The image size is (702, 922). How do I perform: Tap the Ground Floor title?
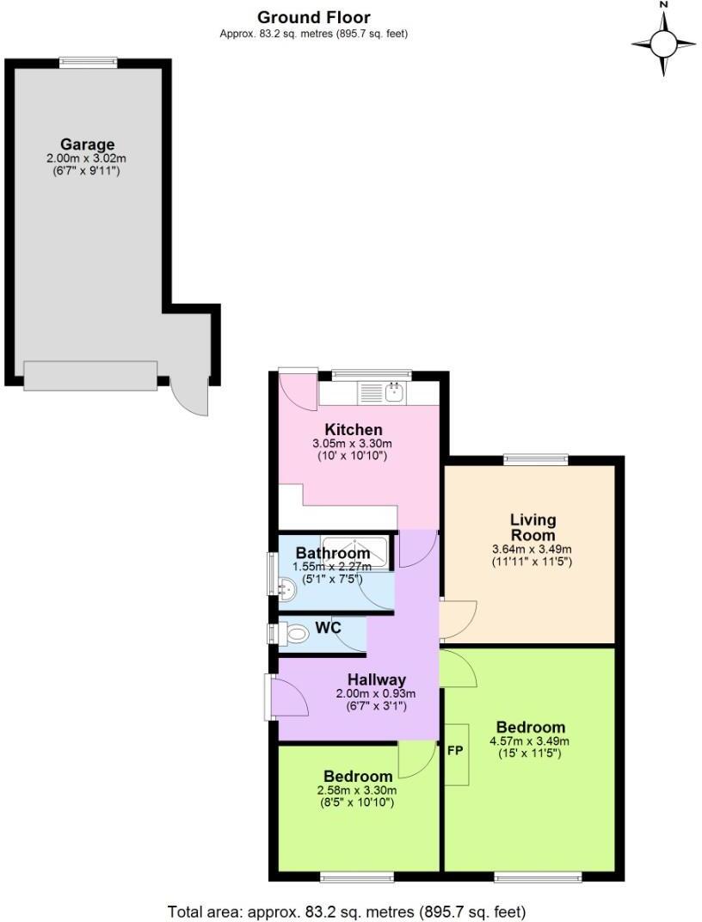[314, 17]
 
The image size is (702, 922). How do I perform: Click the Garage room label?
[87, 144]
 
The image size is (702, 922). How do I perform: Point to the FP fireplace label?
[455, 750]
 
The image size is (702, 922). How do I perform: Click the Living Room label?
[533, 527]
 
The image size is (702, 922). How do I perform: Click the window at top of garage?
[88, 62]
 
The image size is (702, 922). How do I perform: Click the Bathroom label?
[332, 553]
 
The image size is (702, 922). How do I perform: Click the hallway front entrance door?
[286, 695]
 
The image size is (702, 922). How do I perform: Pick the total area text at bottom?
[345, 911]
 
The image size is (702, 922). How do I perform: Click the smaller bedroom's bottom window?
[357, 877]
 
